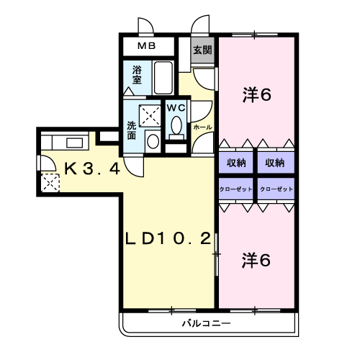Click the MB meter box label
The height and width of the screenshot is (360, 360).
point(147,45)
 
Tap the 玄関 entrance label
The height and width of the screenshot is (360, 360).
point(203,50)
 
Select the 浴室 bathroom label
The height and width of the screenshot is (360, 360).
point(137,75)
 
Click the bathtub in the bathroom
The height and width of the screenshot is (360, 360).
point(163,78)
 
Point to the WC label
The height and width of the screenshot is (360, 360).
point(176,108)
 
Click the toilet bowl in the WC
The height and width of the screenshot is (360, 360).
point(176,125)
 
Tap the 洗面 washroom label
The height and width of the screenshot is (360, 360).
point(131,130)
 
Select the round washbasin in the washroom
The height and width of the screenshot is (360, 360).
point(153,141)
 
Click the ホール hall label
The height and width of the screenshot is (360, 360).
point(202,127)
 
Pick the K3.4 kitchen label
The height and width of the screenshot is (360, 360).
point(92,168)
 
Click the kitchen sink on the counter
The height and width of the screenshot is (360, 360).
point(75,143)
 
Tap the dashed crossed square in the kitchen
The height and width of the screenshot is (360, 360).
point(50,183)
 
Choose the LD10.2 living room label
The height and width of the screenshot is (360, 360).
point(168,238)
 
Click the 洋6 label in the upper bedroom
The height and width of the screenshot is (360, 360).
point(257,94)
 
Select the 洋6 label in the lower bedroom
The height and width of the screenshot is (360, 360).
point(256,261)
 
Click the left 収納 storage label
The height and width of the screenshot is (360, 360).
point(236,163)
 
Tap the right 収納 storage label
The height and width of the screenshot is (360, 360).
point(275,163)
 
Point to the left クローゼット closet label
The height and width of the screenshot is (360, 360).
point(236,189)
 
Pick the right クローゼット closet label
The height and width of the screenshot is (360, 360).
point(276,189)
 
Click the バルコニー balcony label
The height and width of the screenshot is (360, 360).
point(207,323)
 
